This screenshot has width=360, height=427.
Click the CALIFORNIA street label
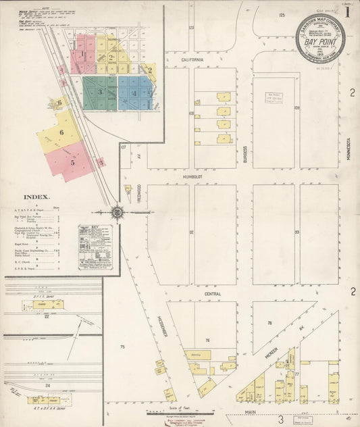click(192, 59)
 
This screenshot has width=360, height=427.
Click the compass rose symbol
click(117, 212)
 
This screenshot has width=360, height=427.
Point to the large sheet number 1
click(346, 11)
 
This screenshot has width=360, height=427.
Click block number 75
click(122, 347)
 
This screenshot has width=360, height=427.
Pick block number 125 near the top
click(282, 14)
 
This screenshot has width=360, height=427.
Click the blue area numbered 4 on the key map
click(135, 93)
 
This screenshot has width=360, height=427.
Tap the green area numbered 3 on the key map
click(99, 92)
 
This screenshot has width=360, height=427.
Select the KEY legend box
click(95, 247)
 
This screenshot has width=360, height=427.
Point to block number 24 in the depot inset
click(47, 386)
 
